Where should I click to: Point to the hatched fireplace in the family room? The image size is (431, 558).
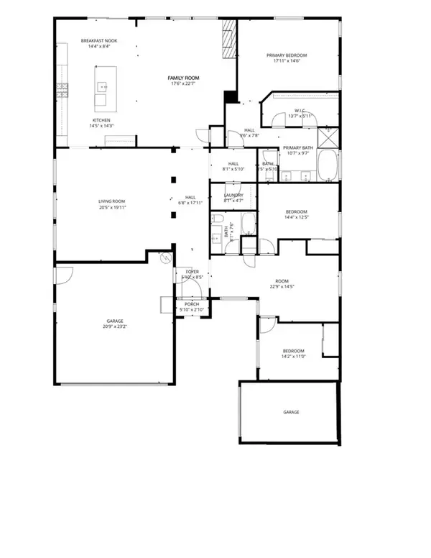pyautogui.click(x=228, y=40)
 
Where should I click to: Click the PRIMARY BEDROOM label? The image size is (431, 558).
pyautogui.click(x=287, y=55)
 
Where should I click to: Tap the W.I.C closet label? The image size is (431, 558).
pyautogui.click(x=301, y=110)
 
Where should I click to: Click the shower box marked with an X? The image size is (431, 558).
pyautogui.click(x=327, y=135)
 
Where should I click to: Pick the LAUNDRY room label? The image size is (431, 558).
pyautogui.click(x=233, y=195)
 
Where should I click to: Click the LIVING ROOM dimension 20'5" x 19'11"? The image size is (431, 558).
pyautogui.click(x=113, y=208)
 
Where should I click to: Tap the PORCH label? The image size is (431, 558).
pyautogui.click(x=192, y=304)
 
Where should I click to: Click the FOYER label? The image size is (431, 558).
pyautogui.click(x=191, y=271)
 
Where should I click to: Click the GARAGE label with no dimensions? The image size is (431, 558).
pyautogui.click(x=291, y=412)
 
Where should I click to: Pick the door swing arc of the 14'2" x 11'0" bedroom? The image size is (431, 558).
pyautogui.click(x=267, y=326)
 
